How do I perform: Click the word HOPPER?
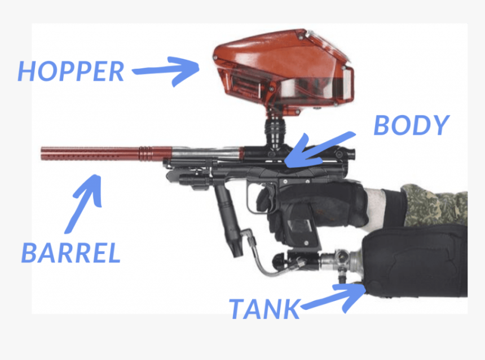70,71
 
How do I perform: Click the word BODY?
411,125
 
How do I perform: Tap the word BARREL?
70,252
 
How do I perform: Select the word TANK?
263,309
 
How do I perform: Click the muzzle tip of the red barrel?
44,152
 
